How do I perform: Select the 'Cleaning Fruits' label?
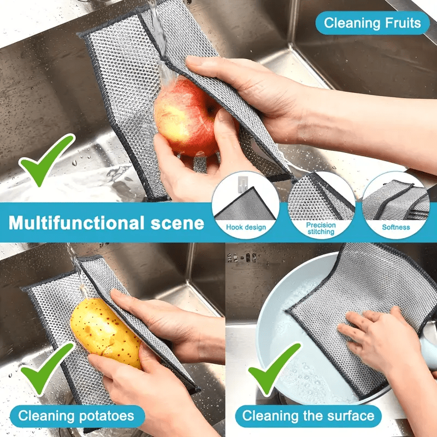[x=373, y=23]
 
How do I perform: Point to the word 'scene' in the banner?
[x=182, y=223]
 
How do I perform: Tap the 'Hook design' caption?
[x=246, y=227]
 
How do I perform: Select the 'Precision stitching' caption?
[x=321, y=228]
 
